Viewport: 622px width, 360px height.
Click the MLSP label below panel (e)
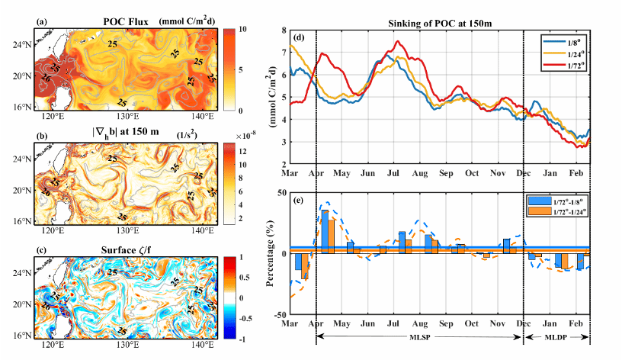tap(419, 336)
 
